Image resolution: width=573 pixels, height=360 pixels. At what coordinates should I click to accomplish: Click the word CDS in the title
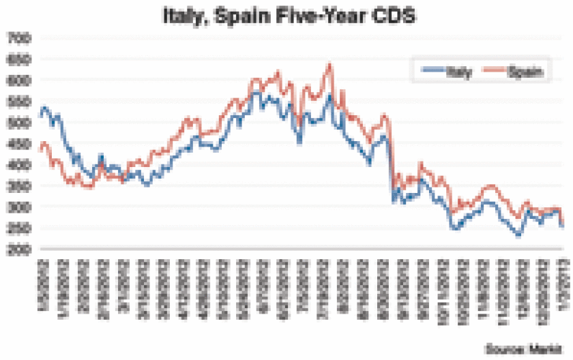point(394,14)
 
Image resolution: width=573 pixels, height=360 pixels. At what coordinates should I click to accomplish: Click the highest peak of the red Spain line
point(330,65)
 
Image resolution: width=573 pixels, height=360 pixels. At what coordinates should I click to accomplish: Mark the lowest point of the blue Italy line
point(518,236)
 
